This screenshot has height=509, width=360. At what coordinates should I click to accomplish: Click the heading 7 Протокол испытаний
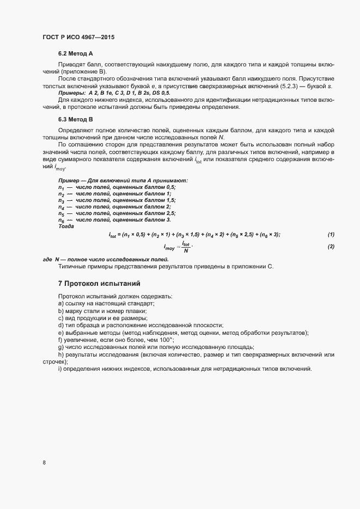click(x=100, y=284)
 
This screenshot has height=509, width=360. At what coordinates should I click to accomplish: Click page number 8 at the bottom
click(x=44, y=463)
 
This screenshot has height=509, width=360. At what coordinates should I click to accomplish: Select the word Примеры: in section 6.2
click(x=71, y=94)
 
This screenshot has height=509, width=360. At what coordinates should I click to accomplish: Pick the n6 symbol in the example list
click(x=62, y=219)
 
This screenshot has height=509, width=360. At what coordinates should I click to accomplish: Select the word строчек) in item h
click(x=54, y=361)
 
